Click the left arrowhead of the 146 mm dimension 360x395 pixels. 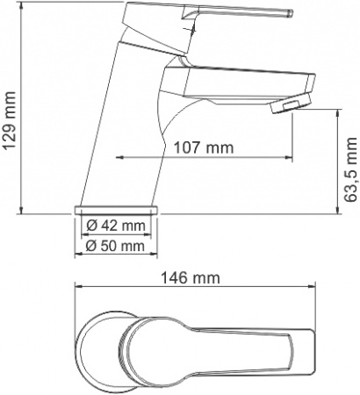[x=78, y=288]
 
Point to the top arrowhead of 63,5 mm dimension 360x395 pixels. [x=340, y=111]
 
